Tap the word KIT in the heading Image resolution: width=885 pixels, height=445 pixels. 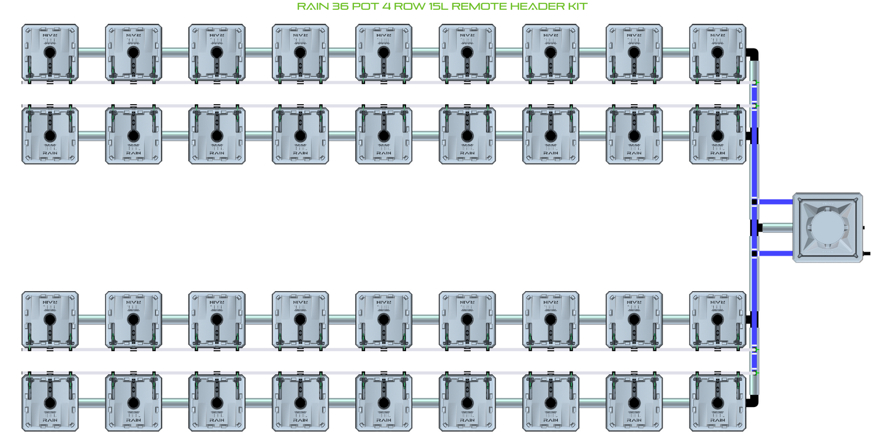pyautogui.click(x=576, y=7)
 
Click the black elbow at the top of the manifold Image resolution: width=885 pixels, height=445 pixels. pyautogui.click(x=755, y=54)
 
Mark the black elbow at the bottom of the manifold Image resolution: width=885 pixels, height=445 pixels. pyautogui.click(x=755, y=400)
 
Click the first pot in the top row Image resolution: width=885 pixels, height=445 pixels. pyautogui.click(x=50, y=53)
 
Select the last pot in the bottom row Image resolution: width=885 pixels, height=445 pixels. pyautogui.click(x=718, y=403)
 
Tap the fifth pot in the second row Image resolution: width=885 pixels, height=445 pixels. pyautogui.click(x=383, y=135)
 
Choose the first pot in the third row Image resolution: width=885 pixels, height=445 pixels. pyautogui.click(x=50, y=319)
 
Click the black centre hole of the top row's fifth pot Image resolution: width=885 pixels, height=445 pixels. pyautogui.click(x=383, y=53)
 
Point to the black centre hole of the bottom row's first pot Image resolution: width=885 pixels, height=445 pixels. pyautogui.click(x=50, y=403)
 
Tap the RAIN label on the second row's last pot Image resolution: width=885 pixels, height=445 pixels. pyautogui.click(x=718, y=153)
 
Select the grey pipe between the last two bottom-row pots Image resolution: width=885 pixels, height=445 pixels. pyautogui.click(x=676, y=403)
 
